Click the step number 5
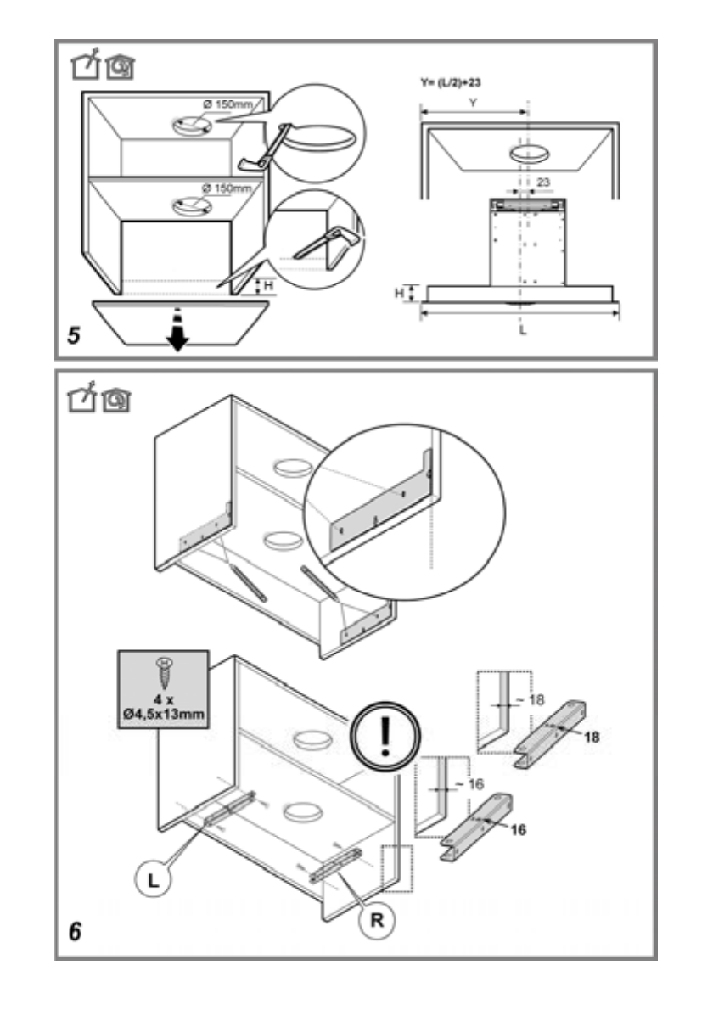pyautogui.click(x=74, y=335)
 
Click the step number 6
pyautogui.click(x=76, y=932)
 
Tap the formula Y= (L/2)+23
pyautogui.click(x=450, y=82)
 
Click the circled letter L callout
pyautogui.click(x=153, y=880)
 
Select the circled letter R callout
pyautogui.click(x=377, y=920)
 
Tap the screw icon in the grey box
pyautogui.click(x=164, y=672)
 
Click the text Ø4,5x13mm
pyautogui.click(x=163, y=714)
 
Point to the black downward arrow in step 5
pyautogui.click(x=176, y=330)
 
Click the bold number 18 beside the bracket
pyautogui.click(x=592, y=736)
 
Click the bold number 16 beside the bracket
pyautogui.click(x=518, y=830)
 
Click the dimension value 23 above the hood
pyautogui.click(x=543, y=182)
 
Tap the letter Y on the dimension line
pyautogui.click(x=474, y=103)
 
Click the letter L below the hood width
pyautogui.click(x=522, y=330)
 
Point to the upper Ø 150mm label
pyautogui.click(x=227, y=104)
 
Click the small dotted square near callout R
pyautogui.click(x=396, y=868)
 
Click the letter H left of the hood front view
pyautogui.click(x=399, y=293)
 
